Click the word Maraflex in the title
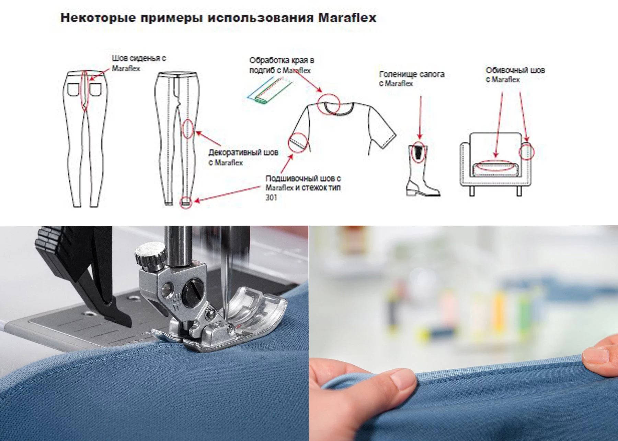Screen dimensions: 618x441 [347, 18]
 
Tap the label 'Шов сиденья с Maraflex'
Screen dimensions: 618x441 [139, 63]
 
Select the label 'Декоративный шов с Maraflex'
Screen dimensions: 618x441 [243, 157]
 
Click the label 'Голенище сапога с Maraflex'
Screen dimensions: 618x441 [412, 79]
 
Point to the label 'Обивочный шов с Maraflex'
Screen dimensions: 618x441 [515, 75]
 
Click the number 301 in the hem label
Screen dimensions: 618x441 [271, 198]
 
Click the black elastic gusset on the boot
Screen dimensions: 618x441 [418, 153]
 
